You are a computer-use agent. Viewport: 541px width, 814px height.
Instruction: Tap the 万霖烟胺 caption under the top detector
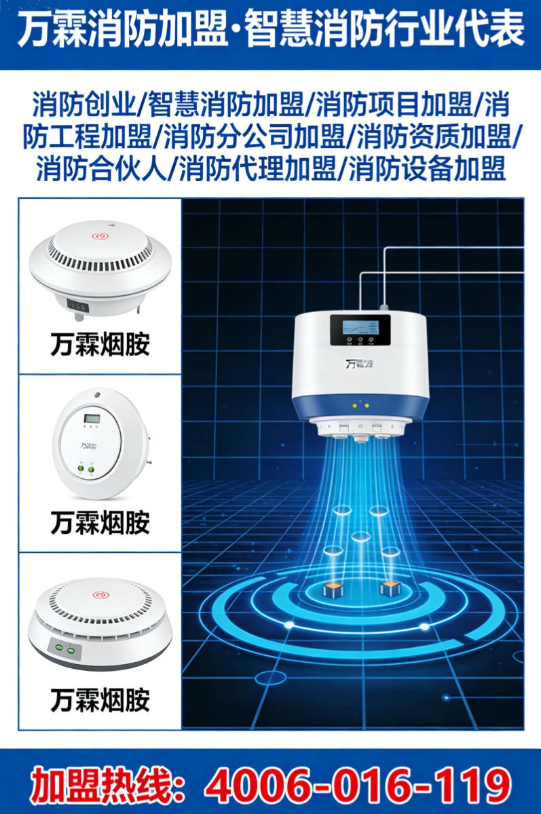click(100, 345)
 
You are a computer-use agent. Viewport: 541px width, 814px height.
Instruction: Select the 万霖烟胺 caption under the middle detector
click(100, 522)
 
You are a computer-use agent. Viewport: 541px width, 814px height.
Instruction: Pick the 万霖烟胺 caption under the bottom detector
click(100, 700)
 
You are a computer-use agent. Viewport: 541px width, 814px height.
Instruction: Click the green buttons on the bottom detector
click(64, 649)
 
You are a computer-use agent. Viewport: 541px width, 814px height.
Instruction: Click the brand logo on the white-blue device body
click(360, 364)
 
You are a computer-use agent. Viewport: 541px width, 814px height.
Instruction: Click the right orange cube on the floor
click(390, 588)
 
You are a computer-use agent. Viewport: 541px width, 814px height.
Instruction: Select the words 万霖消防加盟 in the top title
click(119, 31)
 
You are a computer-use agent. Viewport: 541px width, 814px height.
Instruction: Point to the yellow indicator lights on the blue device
click(360, 406)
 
